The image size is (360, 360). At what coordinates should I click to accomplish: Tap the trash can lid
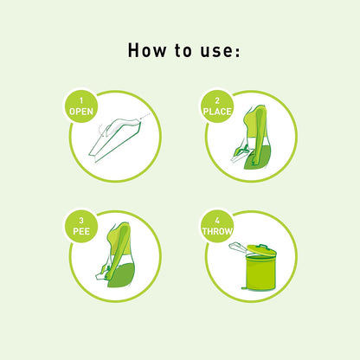coord(260,249)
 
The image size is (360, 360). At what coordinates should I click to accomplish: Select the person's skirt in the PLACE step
coord(264,155)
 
